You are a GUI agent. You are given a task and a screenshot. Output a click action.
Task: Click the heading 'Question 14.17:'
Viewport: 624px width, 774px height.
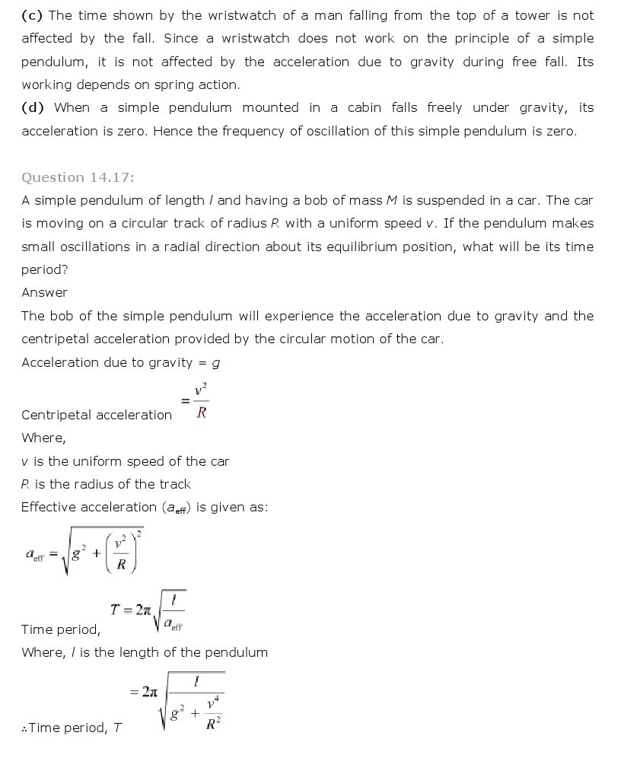click(78, 177)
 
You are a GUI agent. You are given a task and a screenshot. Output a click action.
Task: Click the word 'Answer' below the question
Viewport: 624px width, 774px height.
click(44, 292)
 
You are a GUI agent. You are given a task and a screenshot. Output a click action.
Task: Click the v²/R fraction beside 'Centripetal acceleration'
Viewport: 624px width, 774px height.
click(201, 401)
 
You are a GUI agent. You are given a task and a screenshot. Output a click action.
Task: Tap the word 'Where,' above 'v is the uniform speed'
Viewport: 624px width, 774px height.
click(43, 438)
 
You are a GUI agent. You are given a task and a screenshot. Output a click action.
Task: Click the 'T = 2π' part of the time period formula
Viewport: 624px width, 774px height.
click(131, 610)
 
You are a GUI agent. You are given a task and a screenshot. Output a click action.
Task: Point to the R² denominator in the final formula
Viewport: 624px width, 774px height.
click(214, 723)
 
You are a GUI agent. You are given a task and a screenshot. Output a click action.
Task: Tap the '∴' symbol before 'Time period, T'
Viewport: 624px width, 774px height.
click(24, 728)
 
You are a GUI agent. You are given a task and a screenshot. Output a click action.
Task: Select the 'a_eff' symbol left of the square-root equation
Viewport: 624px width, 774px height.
click(35, 556)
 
